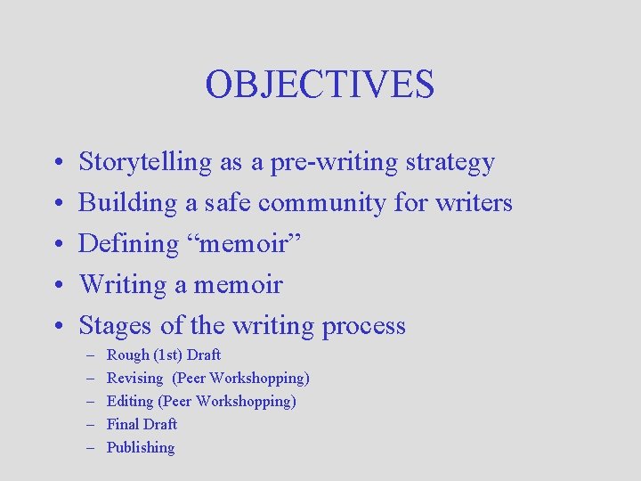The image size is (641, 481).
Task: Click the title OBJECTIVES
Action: click(x=320, y=85)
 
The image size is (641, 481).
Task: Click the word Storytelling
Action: click(x=146, y=163)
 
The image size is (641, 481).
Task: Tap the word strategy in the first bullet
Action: click(x=450, y=163)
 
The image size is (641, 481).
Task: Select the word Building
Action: click(x=128, y=203)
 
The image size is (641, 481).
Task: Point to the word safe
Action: click(x=227, y=203)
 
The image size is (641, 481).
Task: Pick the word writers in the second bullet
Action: click(x=474, y=203)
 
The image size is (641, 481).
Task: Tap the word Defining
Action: click(x=129, y=244)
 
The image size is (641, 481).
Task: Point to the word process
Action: click(x=364, y=326)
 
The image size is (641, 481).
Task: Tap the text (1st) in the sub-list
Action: click(x=167, y=355)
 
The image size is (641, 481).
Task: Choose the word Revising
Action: click(x=134, y=379)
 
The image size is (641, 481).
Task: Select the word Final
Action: click(x=123, y=425)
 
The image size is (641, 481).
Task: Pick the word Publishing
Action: click(x=141, y=448)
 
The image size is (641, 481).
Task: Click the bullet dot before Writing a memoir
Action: click(x=55, y=286)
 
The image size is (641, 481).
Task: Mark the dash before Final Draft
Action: click(x=91, y=425)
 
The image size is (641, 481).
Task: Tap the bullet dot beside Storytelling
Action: click(x=55, y=164)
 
